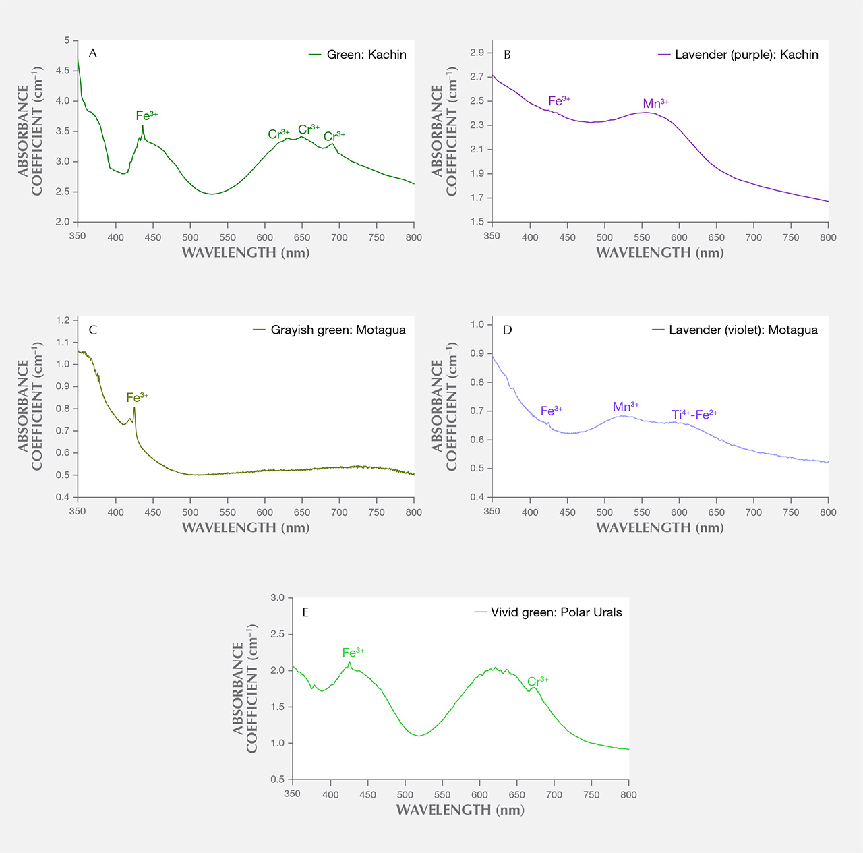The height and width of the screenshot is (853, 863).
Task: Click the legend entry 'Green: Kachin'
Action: (357, 55)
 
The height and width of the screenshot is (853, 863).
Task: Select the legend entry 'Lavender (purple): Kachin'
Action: (738, 55)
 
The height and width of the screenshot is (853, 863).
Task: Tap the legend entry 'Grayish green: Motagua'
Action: (329, 330)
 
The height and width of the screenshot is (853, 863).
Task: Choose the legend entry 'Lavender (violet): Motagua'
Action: (735, 330)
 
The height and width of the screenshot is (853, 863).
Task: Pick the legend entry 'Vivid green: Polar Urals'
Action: (547, 612)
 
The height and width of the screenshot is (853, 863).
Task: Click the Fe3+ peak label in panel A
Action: (147, 115)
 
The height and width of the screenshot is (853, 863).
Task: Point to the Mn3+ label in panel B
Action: (655, 103)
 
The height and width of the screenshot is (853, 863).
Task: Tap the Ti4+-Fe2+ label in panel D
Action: (694, 415)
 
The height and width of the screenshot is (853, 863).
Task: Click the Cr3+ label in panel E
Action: (537, 682)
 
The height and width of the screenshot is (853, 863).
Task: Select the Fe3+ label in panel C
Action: (137, 397)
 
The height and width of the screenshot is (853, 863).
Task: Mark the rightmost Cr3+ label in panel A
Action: (334, 136)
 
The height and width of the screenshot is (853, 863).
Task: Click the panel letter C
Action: (92, 330)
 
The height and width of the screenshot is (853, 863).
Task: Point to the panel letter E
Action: (305, 612)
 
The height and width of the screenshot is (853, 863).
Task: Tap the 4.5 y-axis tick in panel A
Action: (63, 71)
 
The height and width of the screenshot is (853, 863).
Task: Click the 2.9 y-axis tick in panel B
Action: (477, 53)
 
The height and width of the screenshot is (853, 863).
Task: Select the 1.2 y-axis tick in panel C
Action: (63, 320)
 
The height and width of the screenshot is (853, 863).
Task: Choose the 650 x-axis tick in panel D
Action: (716, 512)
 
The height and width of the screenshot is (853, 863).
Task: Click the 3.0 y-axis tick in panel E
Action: (277, 597)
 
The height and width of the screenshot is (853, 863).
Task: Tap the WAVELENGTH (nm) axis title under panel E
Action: (460, 810)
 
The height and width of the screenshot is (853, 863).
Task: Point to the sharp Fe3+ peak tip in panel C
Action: (134, 407)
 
